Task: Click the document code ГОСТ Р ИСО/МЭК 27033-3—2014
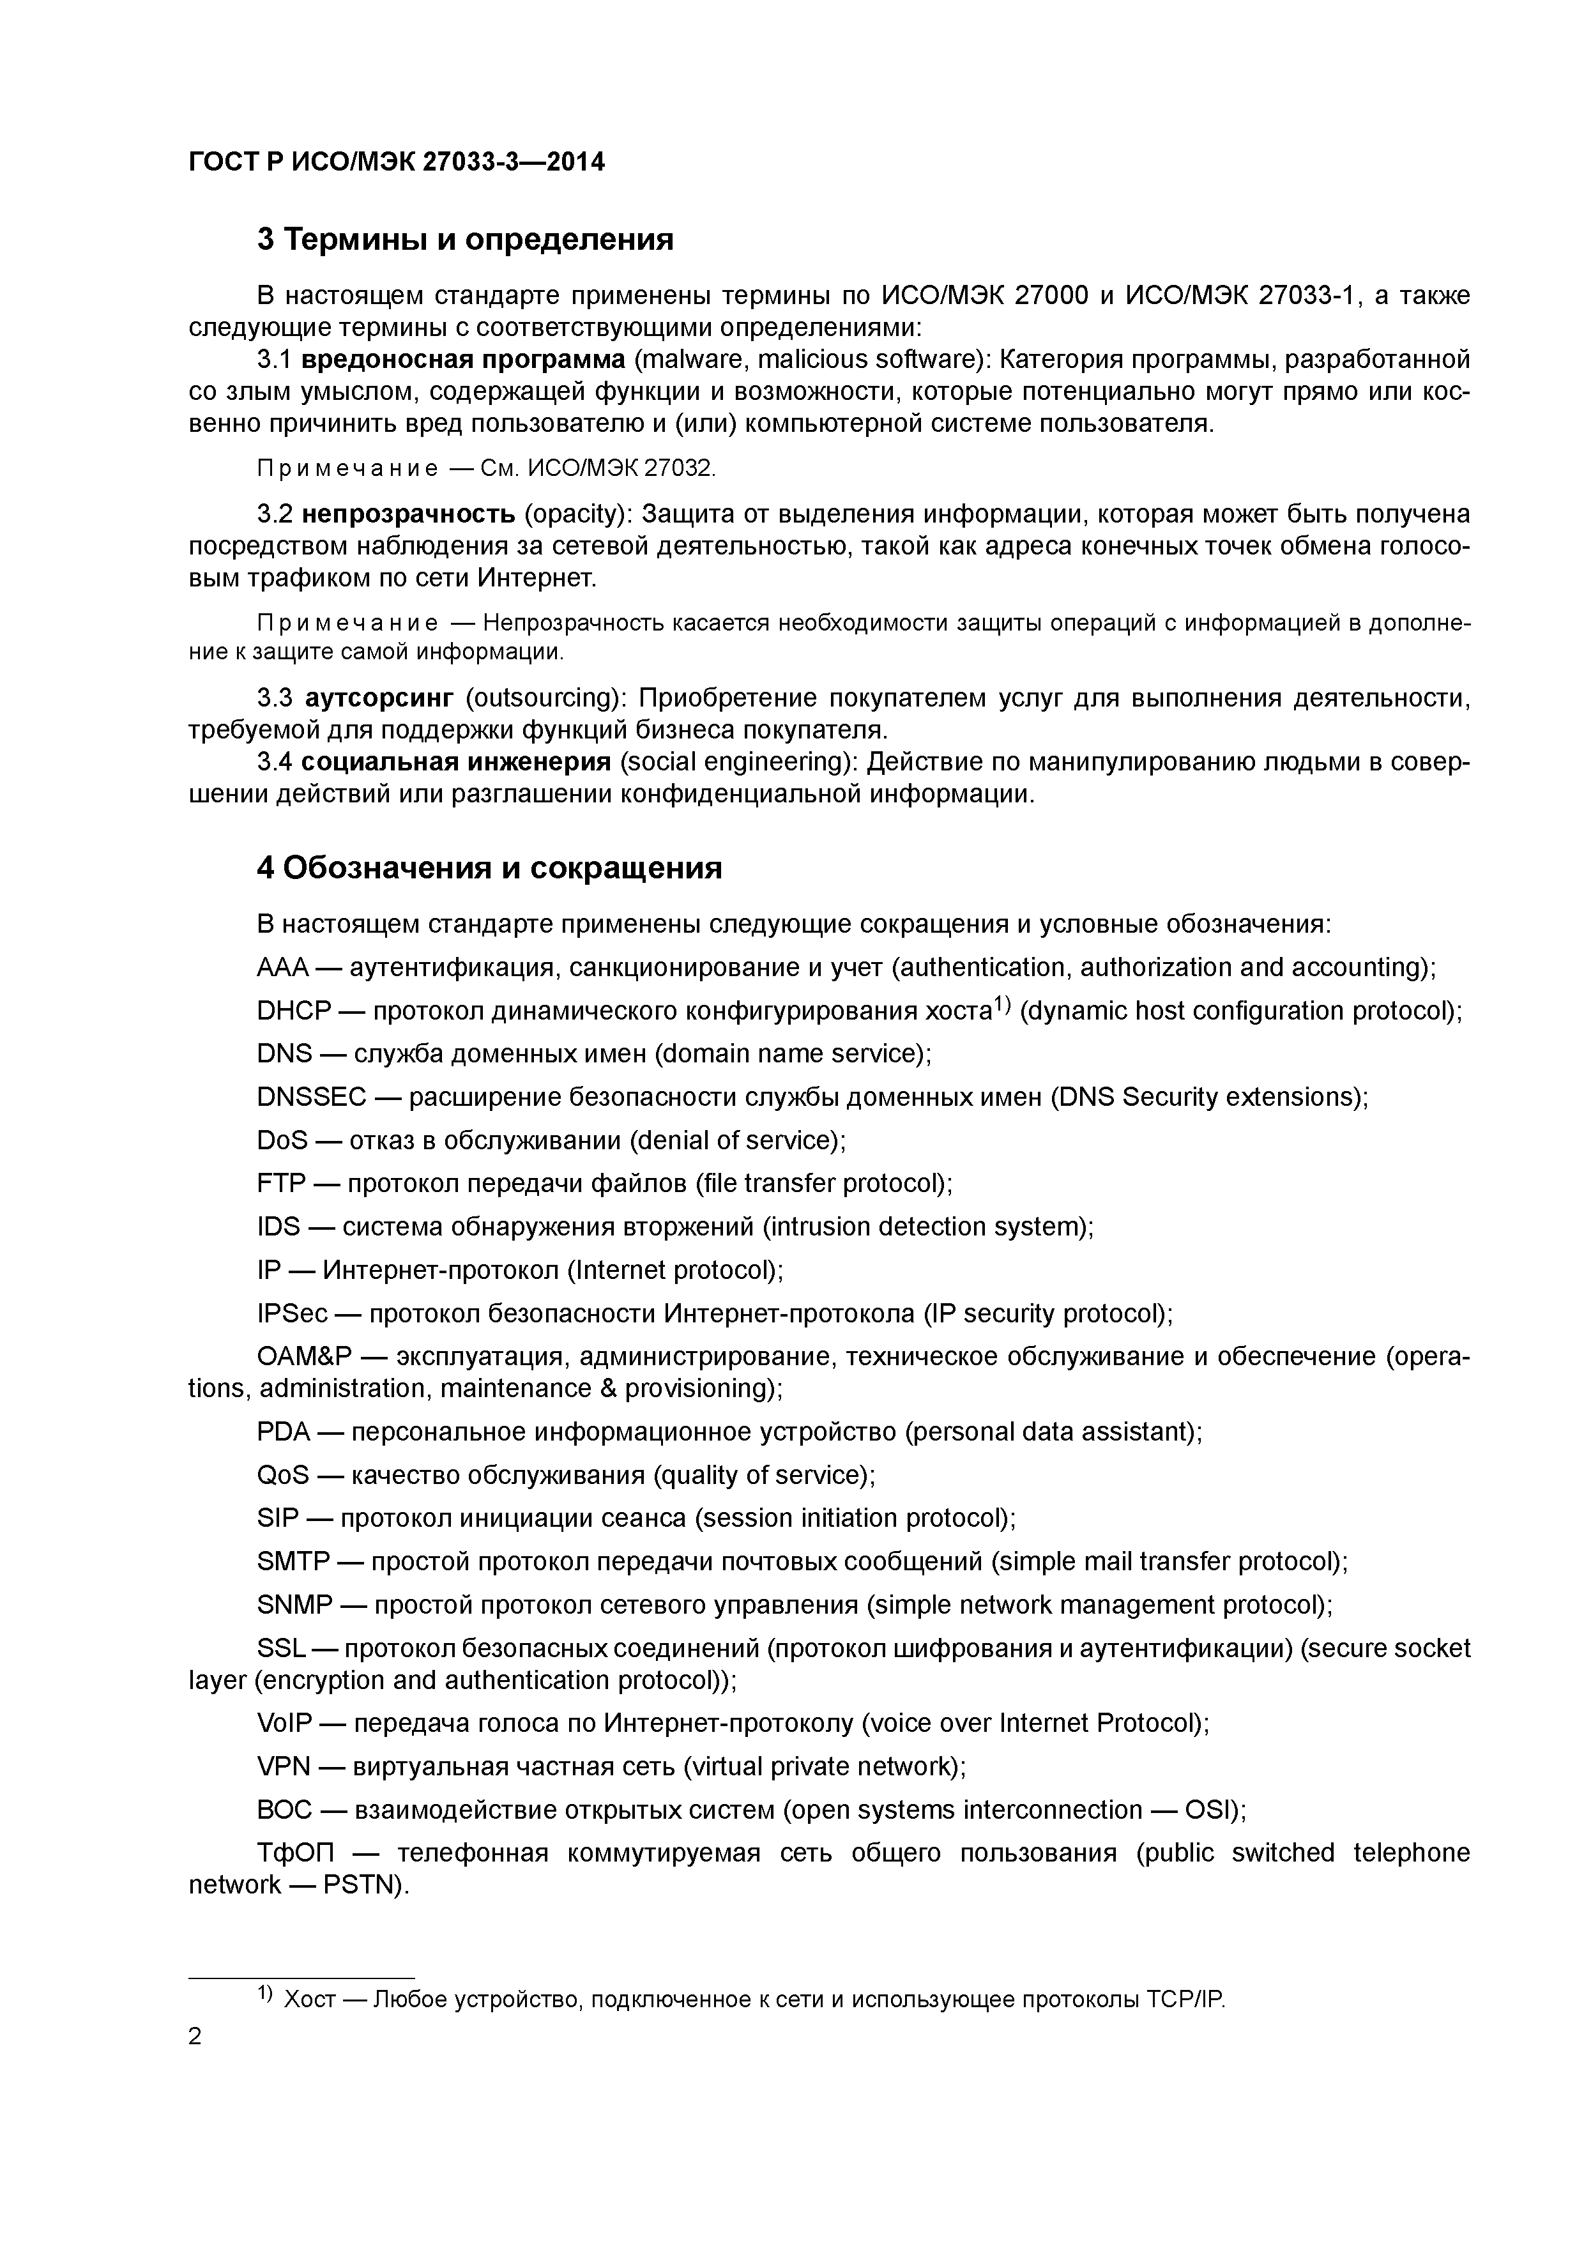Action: click(396, 161)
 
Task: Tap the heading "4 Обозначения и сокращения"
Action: click(489, 868)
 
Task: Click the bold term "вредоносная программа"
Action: click(464, 360)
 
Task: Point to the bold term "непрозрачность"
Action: click(408, 514)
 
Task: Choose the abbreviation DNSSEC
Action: click(311, 1097)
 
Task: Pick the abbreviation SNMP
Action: click(294, 1605)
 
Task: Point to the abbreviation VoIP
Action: click(284, 1724)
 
